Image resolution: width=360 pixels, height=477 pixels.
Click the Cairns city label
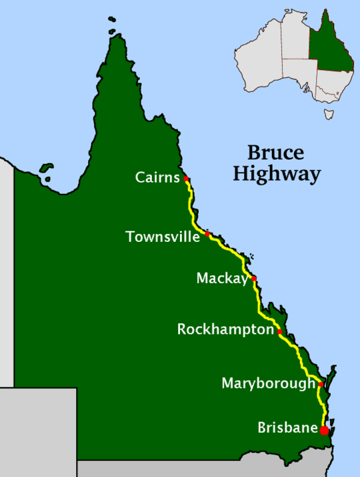[x=157, y=178]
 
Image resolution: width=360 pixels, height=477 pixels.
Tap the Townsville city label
[x=162, y=237]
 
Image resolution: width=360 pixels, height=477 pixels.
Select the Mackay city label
[x=221, y=278]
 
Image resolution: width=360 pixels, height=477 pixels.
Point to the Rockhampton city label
[x=225, y=330]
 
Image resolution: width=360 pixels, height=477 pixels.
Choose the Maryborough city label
[x=268, y=384]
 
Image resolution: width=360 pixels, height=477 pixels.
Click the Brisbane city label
[x=287, y=428]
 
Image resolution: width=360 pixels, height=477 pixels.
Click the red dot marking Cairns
[x=187, y=179]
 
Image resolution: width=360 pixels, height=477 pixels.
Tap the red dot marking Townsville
[x=207, y=235]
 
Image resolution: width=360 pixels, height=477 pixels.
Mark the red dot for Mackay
[x=253, y=278]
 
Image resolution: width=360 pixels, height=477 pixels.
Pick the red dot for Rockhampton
[x=280, y=331]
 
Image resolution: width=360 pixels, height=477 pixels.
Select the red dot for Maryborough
[x=321, y=384]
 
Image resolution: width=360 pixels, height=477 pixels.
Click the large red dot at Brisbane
[x=325, y=430]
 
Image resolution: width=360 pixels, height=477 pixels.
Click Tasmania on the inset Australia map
[x=329, y=115]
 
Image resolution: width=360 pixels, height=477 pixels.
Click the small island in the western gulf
[x=46, y=171]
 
